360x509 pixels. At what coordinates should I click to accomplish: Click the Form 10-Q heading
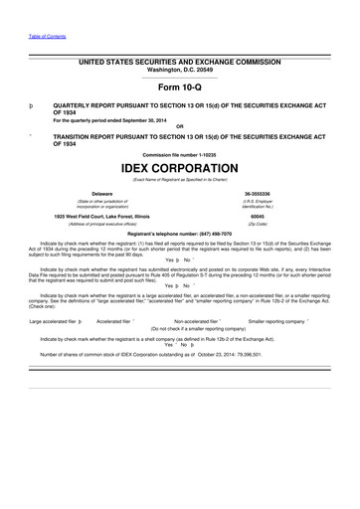[180, 86]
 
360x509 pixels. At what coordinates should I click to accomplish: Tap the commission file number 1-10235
[179, 155]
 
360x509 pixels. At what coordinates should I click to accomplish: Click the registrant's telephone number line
[179, 231]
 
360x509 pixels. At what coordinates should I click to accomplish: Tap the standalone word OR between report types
[179, 126]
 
